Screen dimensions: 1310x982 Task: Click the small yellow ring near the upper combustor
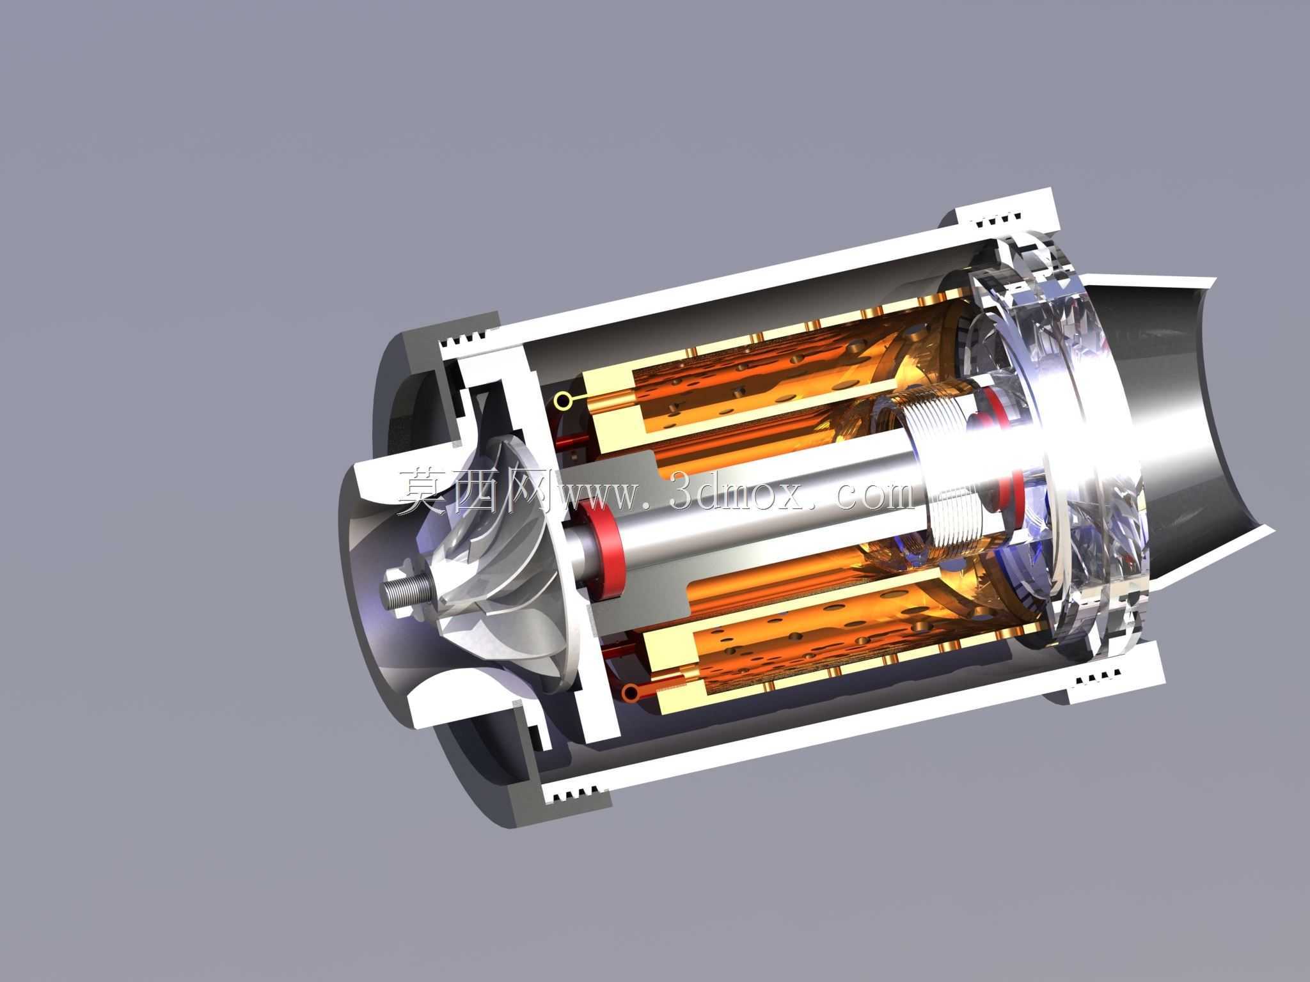562,401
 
